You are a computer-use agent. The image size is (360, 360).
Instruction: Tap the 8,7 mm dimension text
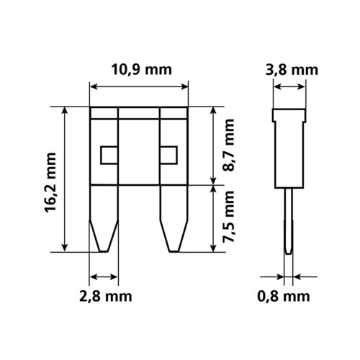click(x=230, y=148)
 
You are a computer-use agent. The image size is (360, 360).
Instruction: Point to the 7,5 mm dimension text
click(x=230, y=219)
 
